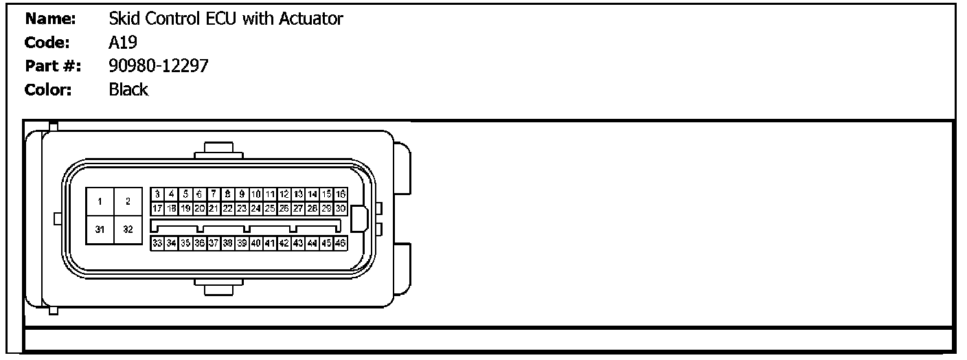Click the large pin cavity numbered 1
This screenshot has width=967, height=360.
point(100,201)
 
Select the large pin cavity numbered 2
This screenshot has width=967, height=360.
point(128,201)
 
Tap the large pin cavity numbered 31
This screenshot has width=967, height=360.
point(100,229)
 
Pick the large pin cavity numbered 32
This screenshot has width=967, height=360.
point(128,229)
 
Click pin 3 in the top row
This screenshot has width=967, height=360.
point(157,194)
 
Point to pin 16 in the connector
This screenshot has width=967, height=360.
point(341,194)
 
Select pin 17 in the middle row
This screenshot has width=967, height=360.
point(157,207)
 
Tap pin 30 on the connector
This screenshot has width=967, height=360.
point(341,207)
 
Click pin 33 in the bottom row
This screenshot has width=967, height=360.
point(157,243)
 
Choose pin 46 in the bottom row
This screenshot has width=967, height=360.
point(341,243)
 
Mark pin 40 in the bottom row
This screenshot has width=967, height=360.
point(256,243)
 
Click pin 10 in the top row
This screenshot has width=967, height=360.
point(256,194)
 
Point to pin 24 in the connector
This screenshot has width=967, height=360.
point(256,207)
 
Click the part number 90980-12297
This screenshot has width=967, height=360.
point(159,66)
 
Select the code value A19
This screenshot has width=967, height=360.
point(124,43)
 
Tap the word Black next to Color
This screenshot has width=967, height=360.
point(128,89)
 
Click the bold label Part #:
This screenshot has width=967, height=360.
point(54,66)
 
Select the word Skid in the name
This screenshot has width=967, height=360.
point(122,19)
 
